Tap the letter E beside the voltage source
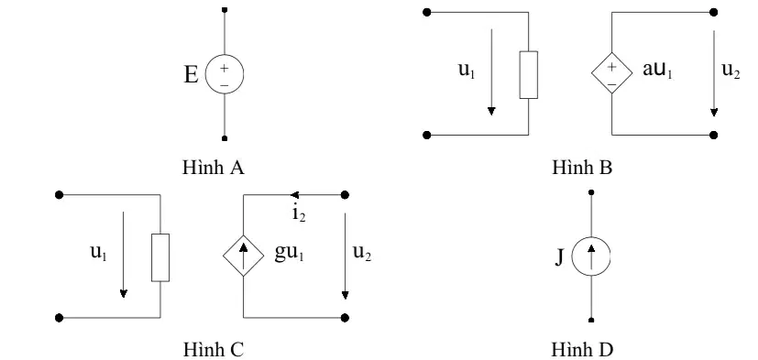point(191,75)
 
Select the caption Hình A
point(214,168)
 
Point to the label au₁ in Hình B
point(657,70)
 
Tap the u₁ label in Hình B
point(467,71)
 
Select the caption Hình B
point(582,168)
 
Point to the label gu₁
point(289,254)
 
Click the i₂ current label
point(299,213)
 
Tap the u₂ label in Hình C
point(362,253)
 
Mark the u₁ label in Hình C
point(99,253)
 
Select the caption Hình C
point(214,349)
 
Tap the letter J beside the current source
point(559,257)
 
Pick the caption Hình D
point(582,349)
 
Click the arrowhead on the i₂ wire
point(294,195)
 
